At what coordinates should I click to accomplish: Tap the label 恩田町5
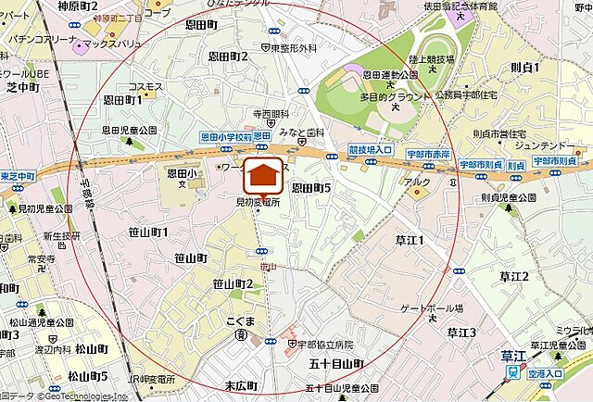coord(311,188)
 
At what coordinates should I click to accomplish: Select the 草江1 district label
coord(410,241)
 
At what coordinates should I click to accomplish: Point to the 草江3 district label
coord(461,332)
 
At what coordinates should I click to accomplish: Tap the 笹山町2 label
coord(233,283)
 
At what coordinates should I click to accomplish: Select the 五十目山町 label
coord(336,364)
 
